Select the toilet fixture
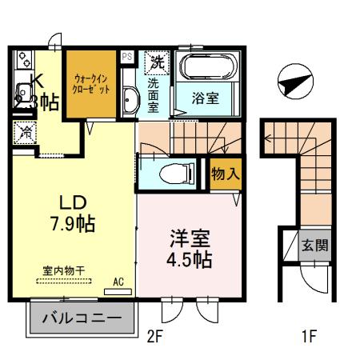click(x=173, y=171)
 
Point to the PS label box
click(x=127, y=57)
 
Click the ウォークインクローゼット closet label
click(x=90, y=84)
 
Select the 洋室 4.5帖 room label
click(x=189, y=248)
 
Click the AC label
click(x=118, y=282)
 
